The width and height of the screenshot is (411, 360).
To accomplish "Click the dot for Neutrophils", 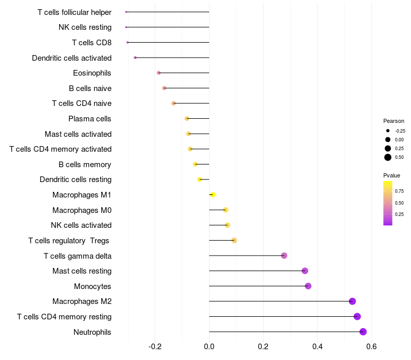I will click(x=363, y=332).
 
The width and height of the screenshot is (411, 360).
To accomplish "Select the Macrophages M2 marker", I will click(x=352, y=301).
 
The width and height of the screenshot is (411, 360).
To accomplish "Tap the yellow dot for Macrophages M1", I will click(x=213, y=195).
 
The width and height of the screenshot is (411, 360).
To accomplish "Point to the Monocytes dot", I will click(x=308, y=286).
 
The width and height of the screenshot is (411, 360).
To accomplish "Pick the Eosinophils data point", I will click(x=159, y=73).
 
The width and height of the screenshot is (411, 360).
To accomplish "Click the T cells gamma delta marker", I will click(x=284, y=256).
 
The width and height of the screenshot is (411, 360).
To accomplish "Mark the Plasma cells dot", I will click(x=187, y=119).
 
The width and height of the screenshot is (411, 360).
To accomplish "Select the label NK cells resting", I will click(x=85, y=27).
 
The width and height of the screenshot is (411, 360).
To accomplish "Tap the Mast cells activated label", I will click(x=78, y=134).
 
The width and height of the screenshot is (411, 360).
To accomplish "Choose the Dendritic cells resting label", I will click(x=76, y=179).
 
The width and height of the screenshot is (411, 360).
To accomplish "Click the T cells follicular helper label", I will click(x=74, y=12).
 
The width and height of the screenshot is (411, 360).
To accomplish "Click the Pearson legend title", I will click(x=394, y=121).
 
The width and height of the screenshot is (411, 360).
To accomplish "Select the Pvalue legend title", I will click(x=391, y=175).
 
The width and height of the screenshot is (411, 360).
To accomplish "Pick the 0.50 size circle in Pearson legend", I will click(x=388, y=157).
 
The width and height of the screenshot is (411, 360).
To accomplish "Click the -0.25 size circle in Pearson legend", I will click(x=388, y=131).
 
